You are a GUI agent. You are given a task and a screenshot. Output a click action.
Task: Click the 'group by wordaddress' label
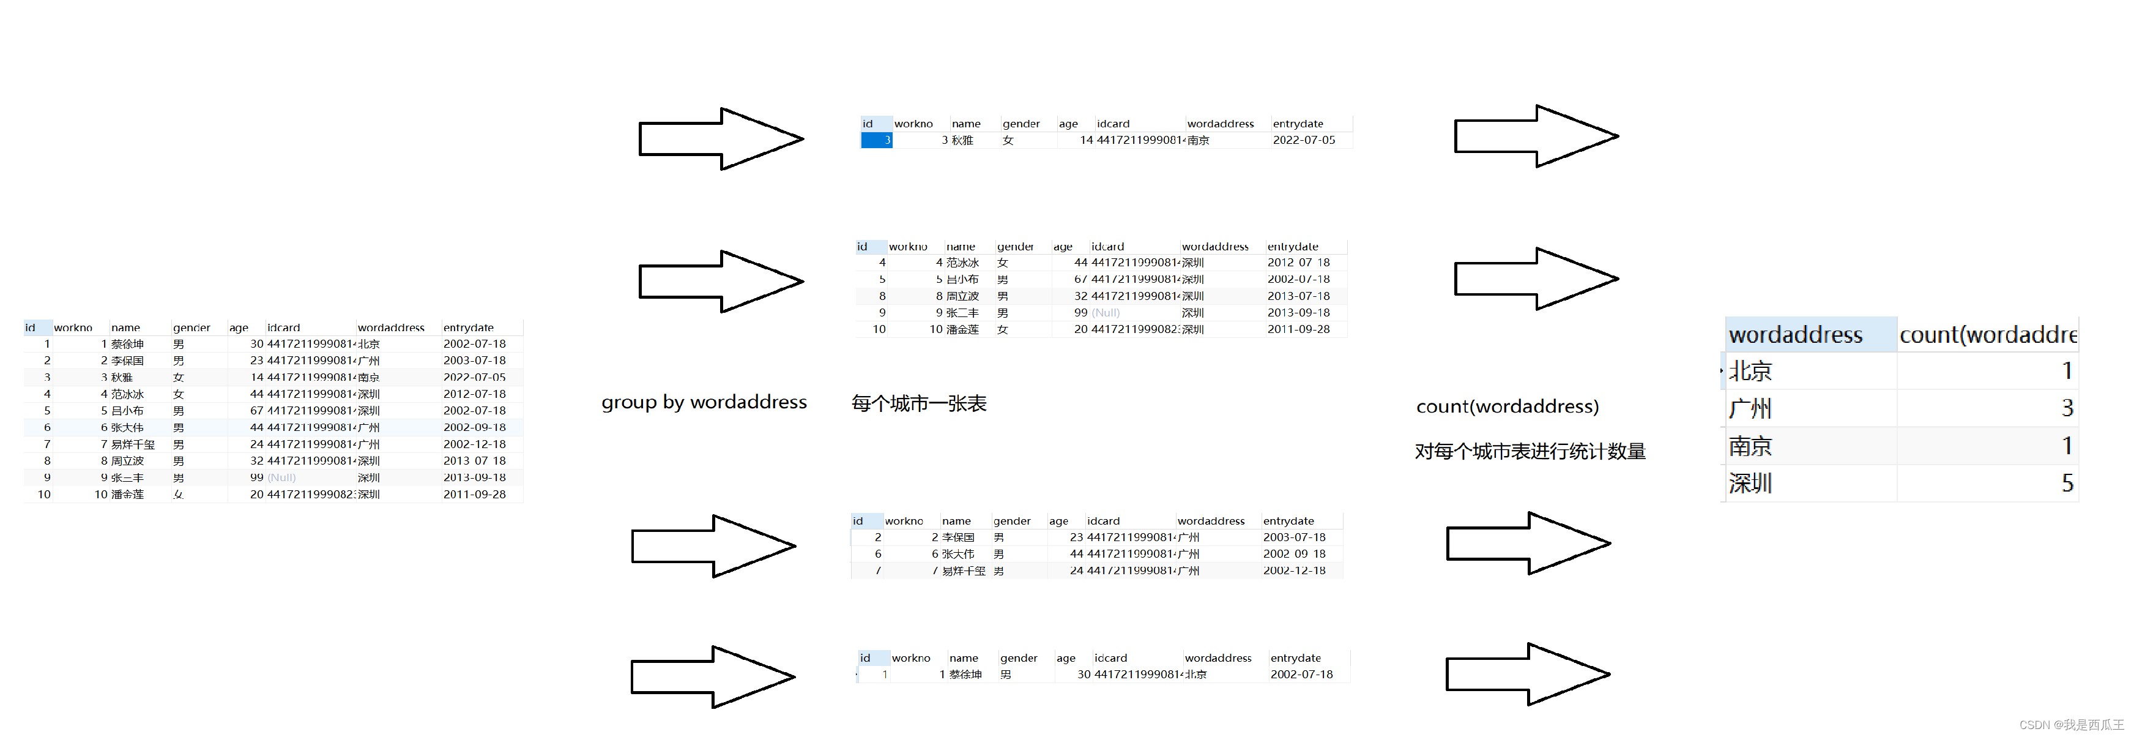[704, 402]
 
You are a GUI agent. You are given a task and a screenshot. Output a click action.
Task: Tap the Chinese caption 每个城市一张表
[919, 404]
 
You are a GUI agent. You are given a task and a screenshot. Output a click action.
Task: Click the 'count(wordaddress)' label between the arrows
[1507, 406]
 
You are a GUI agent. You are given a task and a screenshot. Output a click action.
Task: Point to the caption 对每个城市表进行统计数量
[1530, 451]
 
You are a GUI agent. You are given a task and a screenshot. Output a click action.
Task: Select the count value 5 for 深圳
[2067, 484]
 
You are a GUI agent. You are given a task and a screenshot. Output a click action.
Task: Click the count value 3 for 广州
[2067, 408]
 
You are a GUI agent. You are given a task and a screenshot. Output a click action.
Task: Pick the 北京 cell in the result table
[1750, 370]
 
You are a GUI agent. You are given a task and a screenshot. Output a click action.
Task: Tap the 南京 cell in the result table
[1750, 446]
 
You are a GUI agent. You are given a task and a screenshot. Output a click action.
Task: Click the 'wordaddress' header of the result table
[1795, 335]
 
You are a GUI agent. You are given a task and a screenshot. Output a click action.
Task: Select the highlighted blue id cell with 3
[877, 140]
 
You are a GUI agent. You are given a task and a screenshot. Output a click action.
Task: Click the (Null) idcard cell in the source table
[281, 477]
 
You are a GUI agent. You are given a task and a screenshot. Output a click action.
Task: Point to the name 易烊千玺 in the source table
[133, 444]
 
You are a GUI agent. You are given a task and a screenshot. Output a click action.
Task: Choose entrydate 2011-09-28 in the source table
[474, 494]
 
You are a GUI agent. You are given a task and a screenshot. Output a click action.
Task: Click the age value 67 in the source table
[257, 410]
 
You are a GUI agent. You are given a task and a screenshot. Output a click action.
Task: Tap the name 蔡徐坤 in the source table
[128, 344]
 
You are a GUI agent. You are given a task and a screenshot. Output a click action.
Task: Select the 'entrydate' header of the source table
[468, 327]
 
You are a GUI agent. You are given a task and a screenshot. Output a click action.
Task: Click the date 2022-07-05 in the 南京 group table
[1303, 140]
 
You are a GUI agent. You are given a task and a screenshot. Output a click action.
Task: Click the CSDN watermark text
[2070, 725]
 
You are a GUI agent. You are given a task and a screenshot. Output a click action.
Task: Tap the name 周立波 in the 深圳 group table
[962, 296]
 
